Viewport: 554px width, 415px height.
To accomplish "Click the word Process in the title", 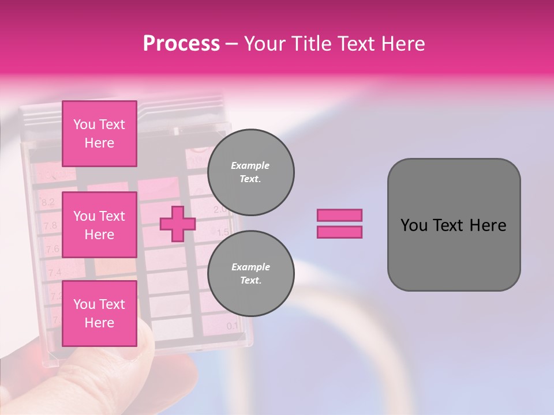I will click(x=181, y=44).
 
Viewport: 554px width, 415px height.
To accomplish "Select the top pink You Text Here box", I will click(x=99, y=134).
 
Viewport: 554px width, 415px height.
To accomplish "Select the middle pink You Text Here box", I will click(x=99, y=225).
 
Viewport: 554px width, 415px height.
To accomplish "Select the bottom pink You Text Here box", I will click(x=99, y=314).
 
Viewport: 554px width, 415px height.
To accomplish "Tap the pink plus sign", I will click(x=177, y=224).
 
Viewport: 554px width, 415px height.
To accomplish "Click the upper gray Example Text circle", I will click(x=250, y=172).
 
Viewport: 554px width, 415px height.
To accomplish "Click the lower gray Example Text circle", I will click(x=250, y=273).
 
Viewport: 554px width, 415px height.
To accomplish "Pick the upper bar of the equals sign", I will click(x=339, y=215).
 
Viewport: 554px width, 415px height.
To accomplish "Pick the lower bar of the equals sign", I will click(x=339, y=232).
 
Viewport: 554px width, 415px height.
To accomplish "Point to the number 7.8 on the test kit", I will click(x=50, y=225).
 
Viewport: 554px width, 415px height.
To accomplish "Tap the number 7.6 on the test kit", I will click(x=53, y=249).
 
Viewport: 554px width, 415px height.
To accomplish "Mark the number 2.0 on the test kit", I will click(x=220, y=209).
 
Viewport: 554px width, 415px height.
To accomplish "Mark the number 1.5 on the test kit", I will click(x=222, y=232).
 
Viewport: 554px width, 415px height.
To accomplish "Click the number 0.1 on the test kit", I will click(x=232, y=326).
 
